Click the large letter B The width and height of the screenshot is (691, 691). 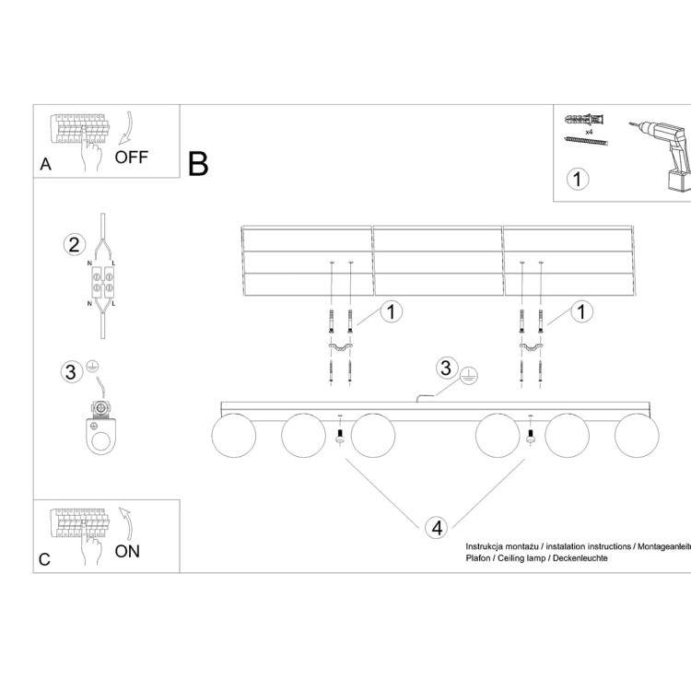198,163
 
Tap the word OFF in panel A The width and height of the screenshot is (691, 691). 131,157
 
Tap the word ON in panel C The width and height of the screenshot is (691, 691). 128,551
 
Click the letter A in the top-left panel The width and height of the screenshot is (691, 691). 45,165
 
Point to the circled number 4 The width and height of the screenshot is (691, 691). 437,528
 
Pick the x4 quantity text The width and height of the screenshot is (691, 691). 587,131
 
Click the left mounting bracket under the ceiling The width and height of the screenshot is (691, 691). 341,347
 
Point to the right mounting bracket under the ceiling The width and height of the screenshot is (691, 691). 532,347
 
